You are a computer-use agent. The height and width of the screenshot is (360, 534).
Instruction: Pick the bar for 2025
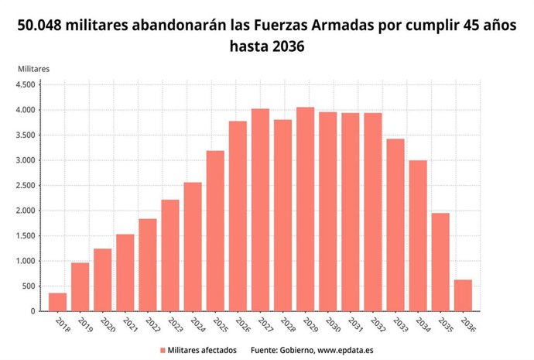[215, 231]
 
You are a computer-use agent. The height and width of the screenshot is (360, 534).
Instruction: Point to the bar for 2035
[440, 262]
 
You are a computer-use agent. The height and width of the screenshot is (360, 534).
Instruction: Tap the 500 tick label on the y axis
[29, 286]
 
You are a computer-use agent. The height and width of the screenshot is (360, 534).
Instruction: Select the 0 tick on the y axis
[34, 311]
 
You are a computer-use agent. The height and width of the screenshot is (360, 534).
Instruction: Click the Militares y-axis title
[33, 68]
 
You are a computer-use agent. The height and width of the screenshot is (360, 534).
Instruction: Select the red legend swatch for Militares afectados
[163, 350]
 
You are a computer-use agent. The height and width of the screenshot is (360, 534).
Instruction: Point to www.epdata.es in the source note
[344, 350]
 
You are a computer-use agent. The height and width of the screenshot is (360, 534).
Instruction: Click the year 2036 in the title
[289, 47]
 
